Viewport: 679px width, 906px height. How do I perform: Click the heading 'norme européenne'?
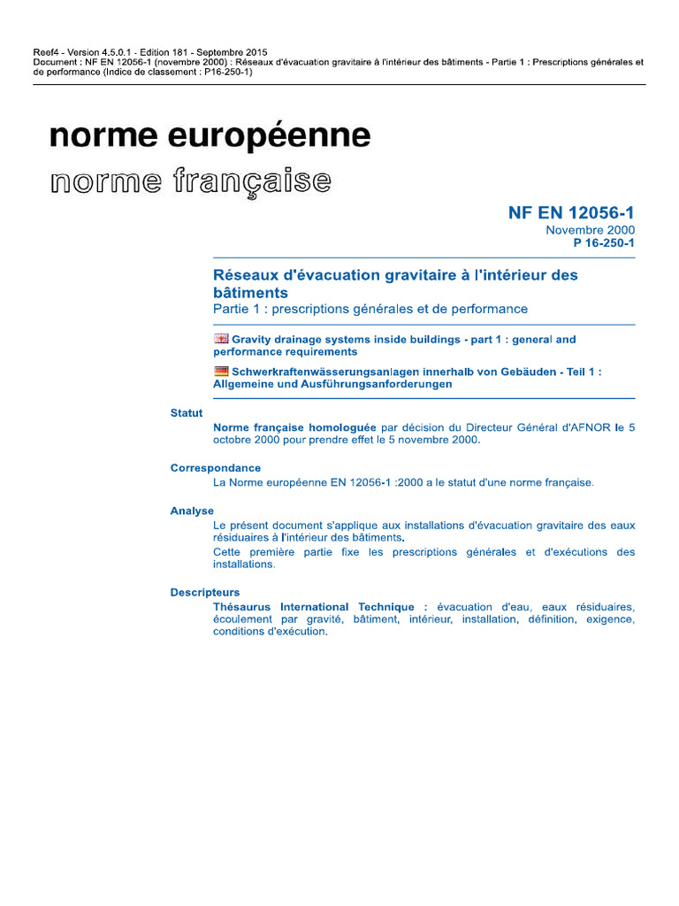click(x=210, y=136)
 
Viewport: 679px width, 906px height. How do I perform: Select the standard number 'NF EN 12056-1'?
click(x=571, y=213)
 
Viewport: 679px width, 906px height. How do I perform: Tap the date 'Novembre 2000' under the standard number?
click(x=590, y=230)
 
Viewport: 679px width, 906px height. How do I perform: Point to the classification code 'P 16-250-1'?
click(x=604, y=242)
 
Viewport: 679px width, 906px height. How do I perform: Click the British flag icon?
click(x=221, y=339)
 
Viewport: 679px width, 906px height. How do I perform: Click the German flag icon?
click(x=221, y=372)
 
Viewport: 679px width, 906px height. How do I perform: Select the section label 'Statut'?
click(x=187, y=413)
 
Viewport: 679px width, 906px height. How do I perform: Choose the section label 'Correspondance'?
click(x=216, y=468)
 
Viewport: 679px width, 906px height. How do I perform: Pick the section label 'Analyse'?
click(x=192, y=511)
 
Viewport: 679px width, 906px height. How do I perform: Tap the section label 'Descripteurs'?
click(x=205, y=593)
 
